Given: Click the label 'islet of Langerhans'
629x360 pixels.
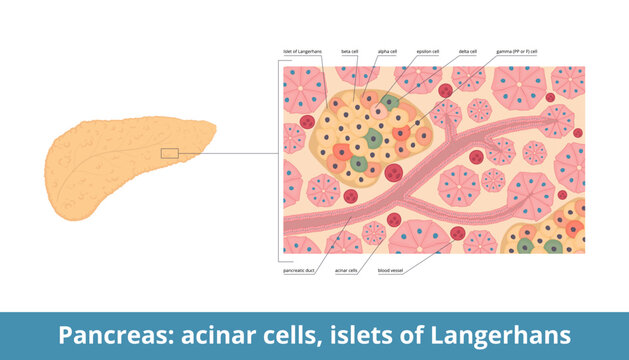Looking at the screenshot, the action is [301, 51].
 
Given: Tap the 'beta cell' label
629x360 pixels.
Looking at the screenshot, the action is [350, 51].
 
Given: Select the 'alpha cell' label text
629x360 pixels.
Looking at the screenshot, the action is [387, 51].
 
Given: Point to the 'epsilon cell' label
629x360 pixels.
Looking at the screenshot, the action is [427, 51].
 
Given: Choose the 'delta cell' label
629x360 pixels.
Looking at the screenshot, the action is [468, 51].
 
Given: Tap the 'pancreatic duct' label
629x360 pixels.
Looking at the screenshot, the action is [301, 270].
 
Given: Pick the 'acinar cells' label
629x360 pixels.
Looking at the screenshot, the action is [346, 270].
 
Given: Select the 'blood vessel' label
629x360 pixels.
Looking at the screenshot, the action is [391, 270].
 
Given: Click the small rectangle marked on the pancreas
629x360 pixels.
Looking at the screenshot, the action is [169, 153].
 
